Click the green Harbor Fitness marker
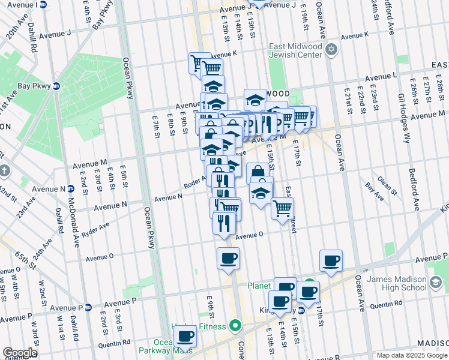pyautogui.click(x=235, y=326)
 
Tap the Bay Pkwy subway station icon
pyautogui.click(x=56, y=86)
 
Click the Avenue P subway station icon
pyautogui.click(x=88, y=308)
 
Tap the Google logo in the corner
pyautogui.click(x=20, y=352)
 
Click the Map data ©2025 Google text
pyautogui.click(x=411, y=355)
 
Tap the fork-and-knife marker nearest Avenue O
pyautogui.click(x=223, y=223)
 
